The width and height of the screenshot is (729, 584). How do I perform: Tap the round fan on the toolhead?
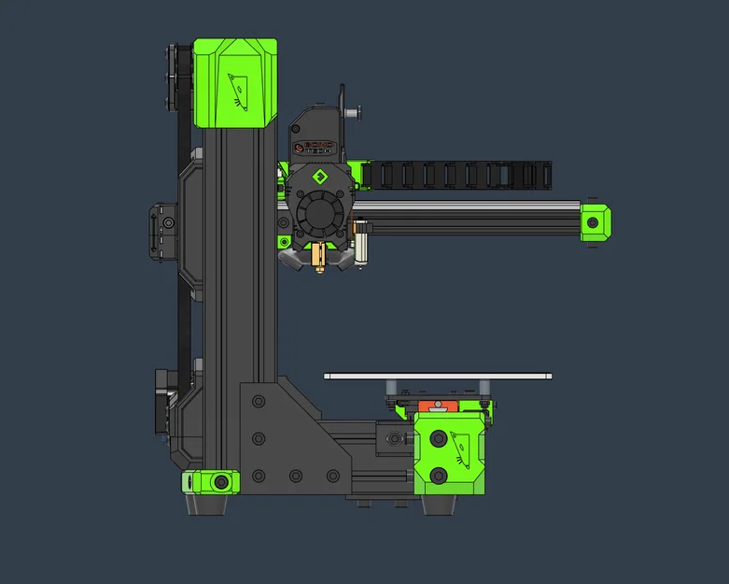[x=319, y=214]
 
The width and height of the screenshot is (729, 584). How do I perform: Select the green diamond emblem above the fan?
[x=318, y=177]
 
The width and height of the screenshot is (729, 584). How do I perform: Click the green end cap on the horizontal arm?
[x=594, y=222]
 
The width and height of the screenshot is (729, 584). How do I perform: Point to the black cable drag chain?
[x=457, y=174]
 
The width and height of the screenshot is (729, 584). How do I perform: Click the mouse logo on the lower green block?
[x=460, y=448]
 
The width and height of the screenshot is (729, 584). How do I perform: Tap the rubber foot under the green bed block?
[x=440, y=505]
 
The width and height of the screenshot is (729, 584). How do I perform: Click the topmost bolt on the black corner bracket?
[x=259, y=401]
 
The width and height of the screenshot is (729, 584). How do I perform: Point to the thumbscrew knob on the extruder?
[x=356, y=112]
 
